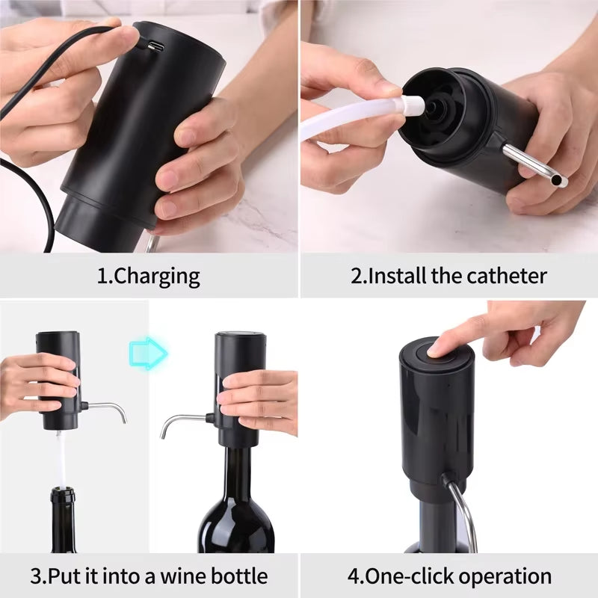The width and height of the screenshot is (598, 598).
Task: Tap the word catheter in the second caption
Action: [x=508, y=276]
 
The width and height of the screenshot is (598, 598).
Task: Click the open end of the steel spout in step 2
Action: [x=562, y=182]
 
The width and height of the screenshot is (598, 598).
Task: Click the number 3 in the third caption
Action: [x=36, y=576]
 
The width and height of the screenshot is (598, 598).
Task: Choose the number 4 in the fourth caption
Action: [x=353, y=576]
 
